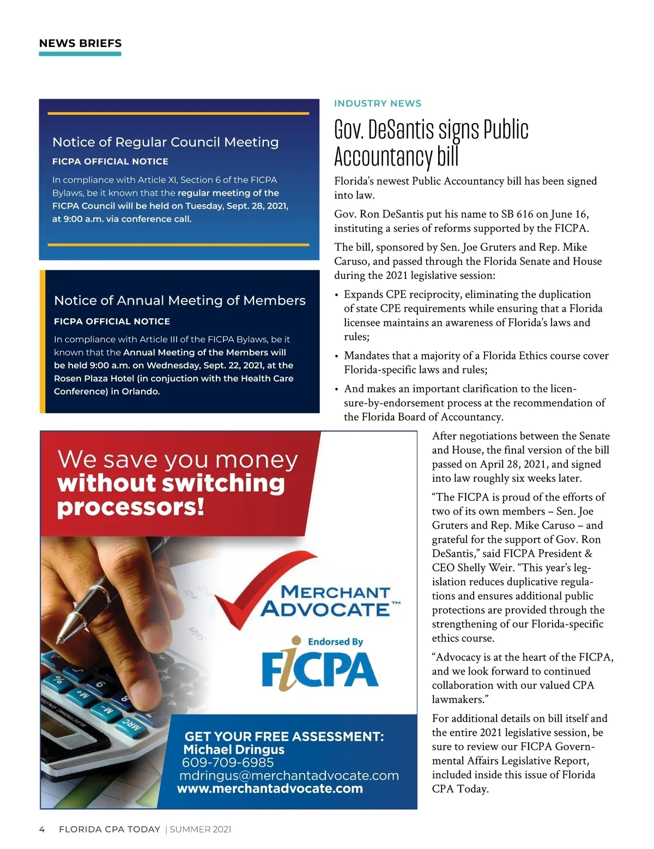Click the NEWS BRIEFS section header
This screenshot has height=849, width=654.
click(80, 44)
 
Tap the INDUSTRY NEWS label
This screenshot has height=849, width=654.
click(378, 104)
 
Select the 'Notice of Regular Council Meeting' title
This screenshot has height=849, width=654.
click(165, 142)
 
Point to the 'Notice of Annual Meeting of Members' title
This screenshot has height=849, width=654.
click(179, 300)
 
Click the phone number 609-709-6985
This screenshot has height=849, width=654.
click(228, 762)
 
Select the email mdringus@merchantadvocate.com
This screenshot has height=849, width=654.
click(289, 775)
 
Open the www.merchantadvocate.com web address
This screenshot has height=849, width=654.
click(270, 789)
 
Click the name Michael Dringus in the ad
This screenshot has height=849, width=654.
click(234, 749)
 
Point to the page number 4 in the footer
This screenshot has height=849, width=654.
click(42, 829)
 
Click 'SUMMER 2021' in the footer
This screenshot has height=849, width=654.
click(201, 829)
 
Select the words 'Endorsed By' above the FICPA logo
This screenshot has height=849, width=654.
click(335, 642)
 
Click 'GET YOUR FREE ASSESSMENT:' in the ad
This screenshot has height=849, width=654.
click(284, 737)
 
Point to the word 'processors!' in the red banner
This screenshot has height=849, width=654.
click(131, 507)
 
